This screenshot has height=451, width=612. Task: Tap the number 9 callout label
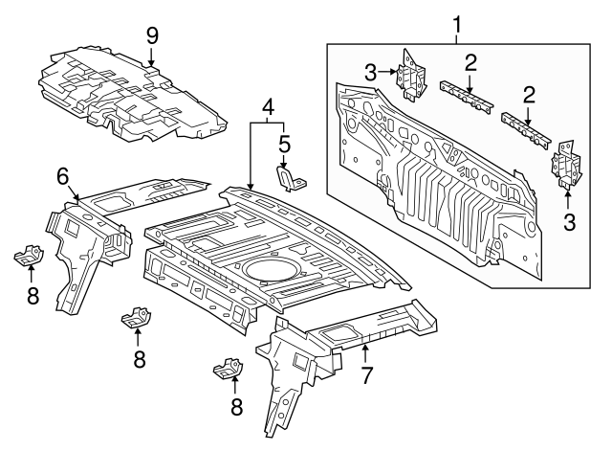click(x=151, y=35)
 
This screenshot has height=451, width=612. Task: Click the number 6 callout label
click(x=63, y=175)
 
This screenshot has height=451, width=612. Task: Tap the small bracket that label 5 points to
click(x=290, y=179)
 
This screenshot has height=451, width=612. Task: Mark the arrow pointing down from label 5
click(x=284, y=162)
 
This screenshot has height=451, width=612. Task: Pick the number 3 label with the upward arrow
click(x=569, y=223)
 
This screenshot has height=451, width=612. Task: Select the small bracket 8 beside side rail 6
click(x=30, y=258)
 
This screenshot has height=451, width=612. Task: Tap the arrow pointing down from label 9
click(x=151, y=57)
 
